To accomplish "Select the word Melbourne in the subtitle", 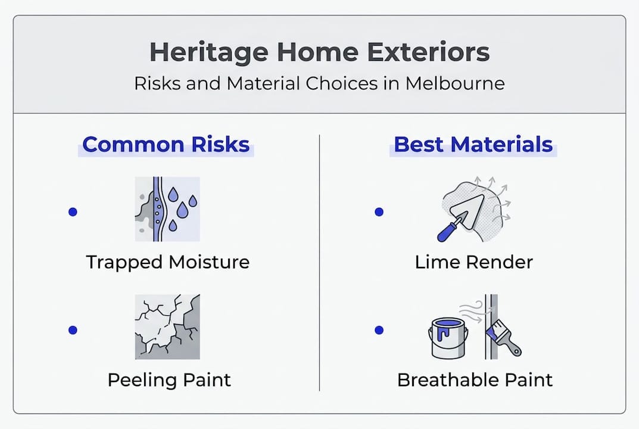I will [455, 83].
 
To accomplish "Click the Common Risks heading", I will [166, 145].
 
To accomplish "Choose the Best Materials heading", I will [473, 145].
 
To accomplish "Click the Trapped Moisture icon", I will [167, 209].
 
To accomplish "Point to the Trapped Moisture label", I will [167, 262].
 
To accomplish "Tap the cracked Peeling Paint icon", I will [167, 327].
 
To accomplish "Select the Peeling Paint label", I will [169, 380].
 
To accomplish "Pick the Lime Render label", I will [474, 262].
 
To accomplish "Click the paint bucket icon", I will [448, 338].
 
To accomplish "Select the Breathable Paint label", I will [475, 380].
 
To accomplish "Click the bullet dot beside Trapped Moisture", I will [73, 212].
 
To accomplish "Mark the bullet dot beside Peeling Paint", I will [73, 329].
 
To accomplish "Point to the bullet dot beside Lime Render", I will [379, 212].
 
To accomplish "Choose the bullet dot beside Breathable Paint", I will [379, 329].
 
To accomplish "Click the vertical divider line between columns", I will [320, 262].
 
